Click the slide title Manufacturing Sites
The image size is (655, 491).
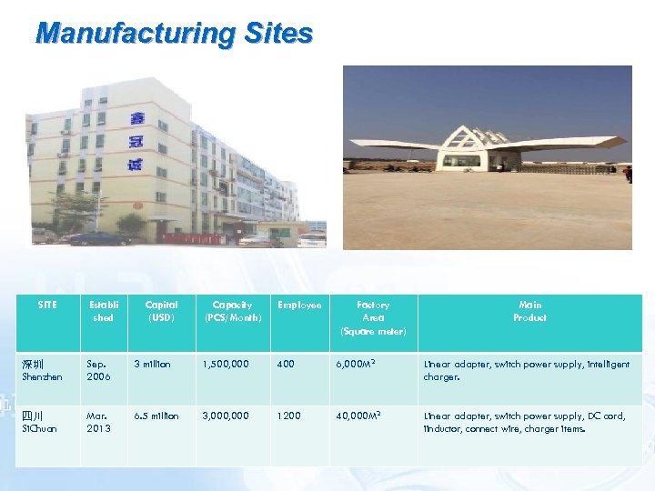pyautogui.click(x=174, y=34)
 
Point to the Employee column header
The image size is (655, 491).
pyautogui.click(x=299, y=306)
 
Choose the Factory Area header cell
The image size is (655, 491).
pyautogui.click(x=373, y=317)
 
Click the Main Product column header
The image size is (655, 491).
pyautogui.click(x=529, y=311)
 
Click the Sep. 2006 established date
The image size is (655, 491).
pyautogui.click(x=99, y=370)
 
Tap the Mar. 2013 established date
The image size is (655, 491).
pyautogui.click(x=99, y=422)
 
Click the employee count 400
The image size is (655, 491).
pyautogui.click(x=287, y=365)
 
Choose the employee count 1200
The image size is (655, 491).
pyautogui.click(x=288, y=416)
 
